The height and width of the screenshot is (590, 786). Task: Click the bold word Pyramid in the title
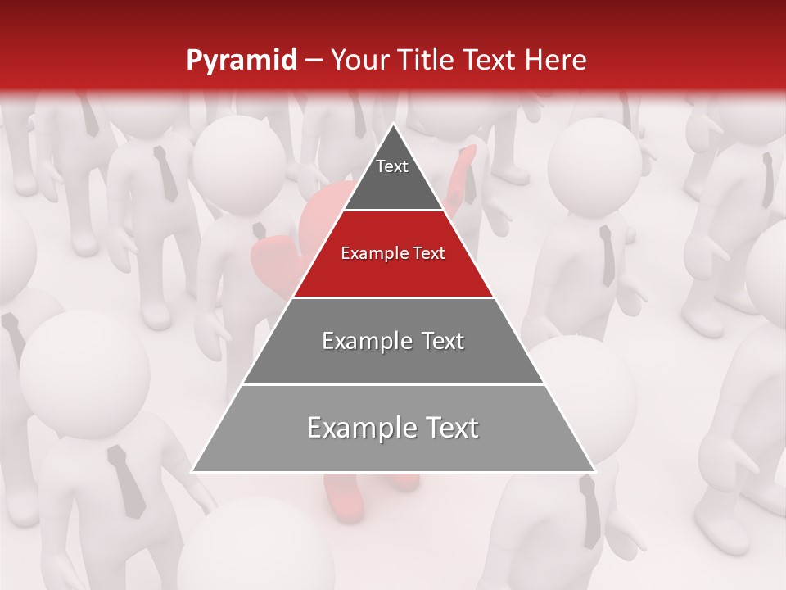click(241, 61)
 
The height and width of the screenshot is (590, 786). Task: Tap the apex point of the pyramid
click(393, 124)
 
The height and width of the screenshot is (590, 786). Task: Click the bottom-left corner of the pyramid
click(192, 471)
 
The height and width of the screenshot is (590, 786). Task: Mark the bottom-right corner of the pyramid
click(594, 471)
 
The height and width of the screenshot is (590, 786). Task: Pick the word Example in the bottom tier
click(358, 429)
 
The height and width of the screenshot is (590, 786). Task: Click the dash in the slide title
click(314, 61)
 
